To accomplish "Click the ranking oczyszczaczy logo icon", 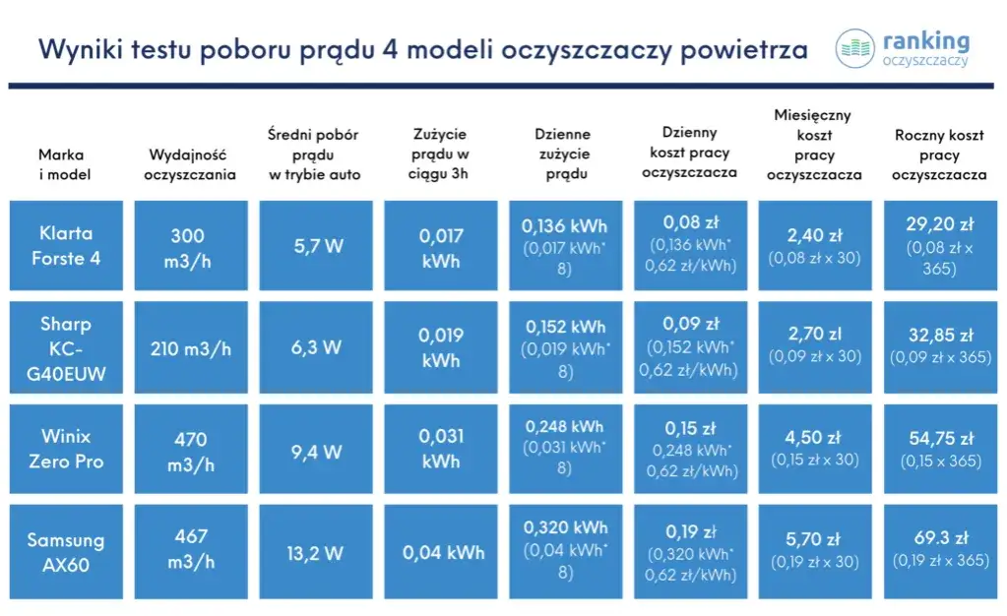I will pos(854,48).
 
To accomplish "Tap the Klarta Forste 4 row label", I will pos(66,245).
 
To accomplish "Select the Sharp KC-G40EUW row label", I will pos(66,348).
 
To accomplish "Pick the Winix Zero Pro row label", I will pos(66,449).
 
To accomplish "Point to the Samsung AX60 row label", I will pos(66,552).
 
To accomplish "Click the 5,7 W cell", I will pos(317,245).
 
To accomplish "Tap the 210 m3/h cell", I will pos(191,348).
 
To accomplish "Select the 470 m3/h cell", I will pos(191,449).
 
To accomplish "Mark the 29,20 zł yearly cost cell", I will pos(939,245).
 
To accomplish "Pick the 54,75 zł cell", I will pos(939,449).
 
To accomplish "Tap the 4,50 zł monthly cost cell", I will pos(814,449).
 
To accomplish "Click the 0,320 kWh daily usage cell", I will pos(565,552).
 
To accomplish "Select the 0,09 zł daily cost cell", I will pos(690,347).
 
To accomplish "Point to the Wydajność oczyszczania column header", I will pos(191,164).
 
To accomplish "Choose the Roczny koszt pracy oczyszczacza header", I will pos(939,155).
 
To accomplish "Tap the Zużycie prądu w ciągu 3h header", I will pos(440,154).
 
